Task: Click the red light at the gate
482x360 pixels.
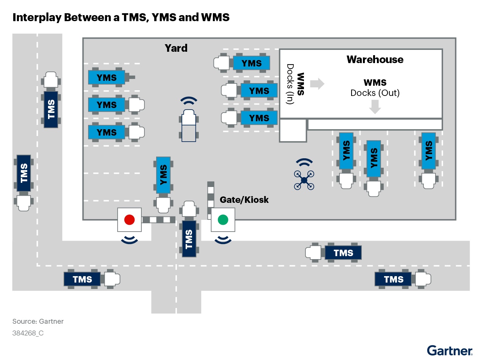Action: coord(129,219)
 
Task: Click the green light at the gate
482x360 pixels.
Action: coord(223,219)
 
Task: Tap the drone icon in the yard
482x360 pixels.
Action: coord(304,180)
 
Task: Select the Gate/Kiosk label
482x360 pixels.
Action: coord(244,200)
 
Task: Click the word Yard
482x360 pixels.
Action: coord(176,48)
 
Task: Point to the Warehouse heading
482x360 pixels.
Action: coord(375,60)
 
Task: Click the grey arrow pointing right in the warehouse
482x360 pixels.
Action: coord(317,83)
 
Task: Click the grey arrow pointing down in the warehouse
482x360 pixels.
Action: coord(375,107)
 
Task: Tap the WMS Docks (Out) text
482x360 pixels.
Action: coord(375,88)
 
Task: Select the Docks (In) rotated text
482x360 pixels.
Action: coord(290,84)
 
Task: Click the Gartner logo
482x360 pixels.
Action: coord(449,351)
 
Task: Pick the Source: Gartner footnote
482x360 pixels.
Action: coord(38,321)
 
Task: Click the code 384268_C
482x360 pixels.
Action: coord(28,333)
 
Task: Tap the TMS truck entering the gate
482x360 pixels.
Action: coord(189,238)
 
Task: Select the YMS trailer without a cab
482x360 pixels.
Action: coord(107,77)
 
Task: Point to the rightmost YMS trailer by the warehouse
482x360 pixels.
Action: coord(428,151)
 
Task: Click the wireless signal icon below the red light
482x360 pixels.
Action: coord(129,239)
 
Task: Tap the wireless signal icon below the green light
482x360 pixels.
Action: coord(223,239)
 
